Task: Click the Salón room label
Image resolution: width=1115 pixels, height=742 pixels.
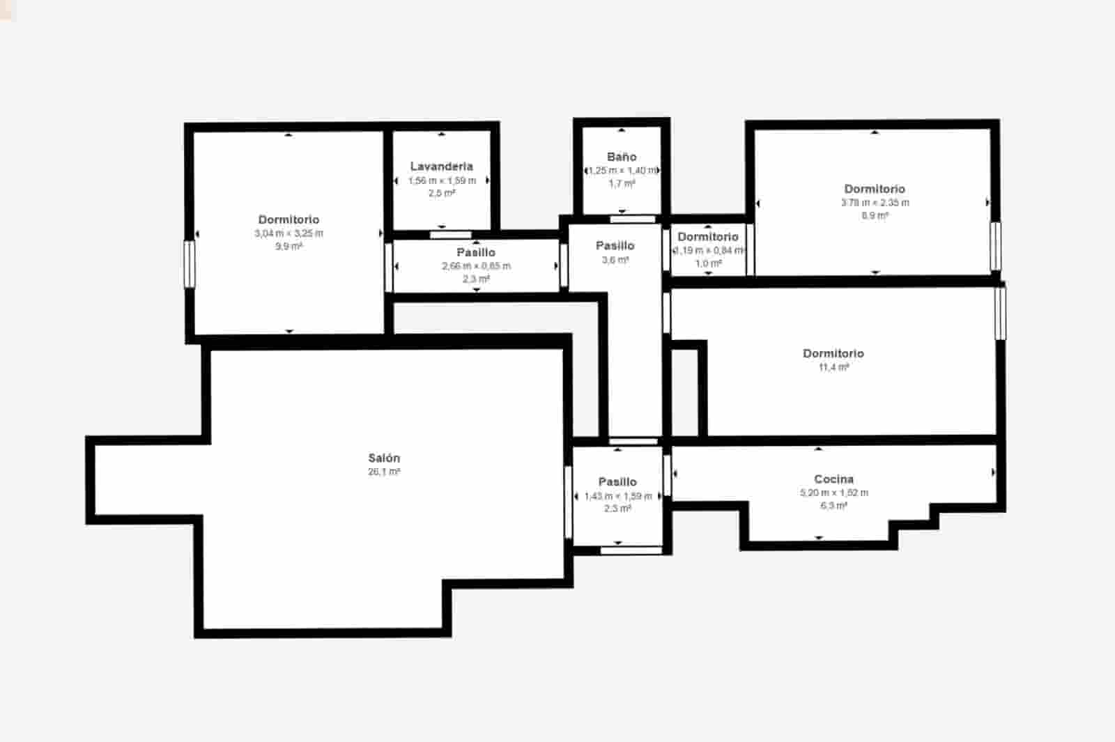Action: (384, 458)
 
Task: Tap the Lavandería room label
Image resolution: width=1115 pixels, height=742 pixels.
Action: (441, 166)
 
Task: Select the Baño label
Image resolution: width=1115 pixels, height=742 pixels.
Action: (621, 157)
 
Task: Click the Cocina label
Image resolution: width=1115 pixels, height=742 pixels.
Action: (833, 479)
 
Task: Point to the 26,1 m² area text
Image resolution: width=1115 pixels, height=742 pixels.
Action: (384, 472)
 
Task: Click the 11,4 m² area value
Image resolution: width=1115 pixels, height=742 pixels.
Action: (833, 367)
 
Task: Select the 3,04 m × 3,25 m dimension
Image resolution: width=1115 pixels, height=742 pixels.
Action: (289, 233)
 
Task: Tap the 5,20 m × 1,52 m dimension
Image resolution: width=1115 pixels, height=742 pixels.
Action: (833, 493)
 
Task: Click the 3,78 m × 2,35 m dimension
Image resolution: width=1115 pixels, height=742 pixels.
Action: (875, 203)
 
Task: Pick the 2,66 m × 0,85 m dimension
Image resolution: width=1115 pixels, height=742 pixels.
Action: (476, 265)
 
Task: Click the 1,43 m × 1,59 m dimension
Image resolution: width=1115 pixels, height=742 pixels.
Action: (617, 496)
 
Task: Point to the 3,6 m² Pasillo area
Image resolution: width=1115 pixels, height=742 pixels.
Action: (615, 260)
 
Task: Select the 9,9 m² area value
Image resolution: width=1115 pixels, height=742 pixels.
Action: (289, 246)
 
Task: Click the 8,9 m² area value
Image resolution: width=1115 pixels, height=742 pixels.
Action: (875, 215)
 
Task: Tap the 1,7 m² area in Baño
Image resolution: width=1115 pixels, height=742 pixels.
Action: (621, 183)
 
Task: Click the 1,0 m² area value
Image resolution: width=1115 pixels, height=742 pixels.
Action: (708, 263)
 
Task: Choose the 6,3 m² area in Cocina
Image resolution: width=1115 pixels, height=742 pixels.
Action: (833, 505)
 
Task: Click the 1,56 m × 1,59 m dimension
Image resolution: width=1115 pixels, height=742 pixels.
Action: (442, 180)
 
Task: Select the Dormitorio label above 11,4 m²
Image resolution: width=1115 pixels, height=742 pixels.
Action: (833, 353)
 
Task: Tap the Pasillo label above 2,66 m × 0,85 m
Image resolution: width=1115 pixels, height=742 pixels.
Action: (476, 252)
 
